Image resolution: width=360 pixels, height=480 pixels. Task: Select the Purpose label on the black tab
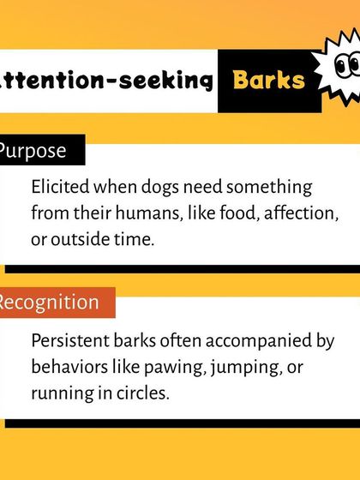[x=33, y=150]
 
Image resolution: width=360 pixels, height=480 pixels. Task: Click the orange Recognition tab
[x=48, y=302]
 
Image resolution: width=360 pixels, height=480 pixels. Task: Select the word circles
[x=143, y=393]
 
